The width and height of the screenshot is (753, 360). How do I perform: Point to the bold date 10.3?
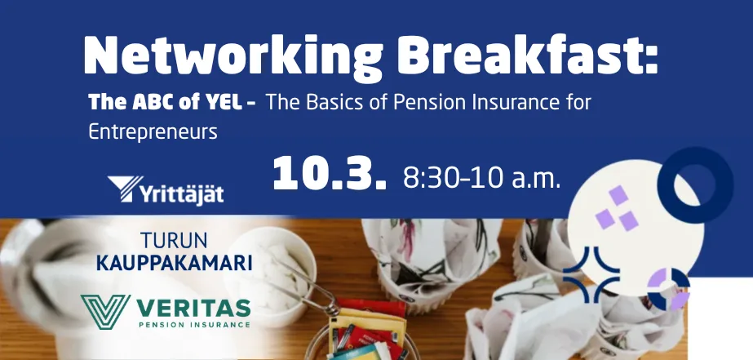(x=330, y=174)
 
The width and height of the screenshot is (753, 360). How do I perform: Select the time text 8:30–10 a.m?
(x=481, y=178)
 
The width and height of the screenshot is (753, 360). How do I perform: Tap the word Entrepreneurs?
(x=153, y=133)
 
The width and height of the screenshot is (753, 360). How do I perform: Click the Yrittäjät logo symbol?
(x=124, y=188)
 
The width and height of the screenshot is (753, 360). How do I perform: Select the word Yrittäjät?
(x=182, y=193)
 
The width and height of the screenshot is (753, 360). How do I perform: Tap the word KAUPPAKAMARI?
(x=175, y=263)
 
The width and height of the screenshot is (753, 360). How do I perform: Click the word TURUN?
(x=174, y=240)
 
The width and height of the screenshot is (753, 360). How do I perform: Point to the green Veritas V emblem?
(x=105, y=312)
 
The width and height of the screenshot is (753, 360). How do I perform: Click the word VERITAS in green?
(x=194, y=308)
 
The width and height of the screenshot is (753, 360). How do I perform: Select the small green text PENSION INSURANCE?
(x=194, y=325)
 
